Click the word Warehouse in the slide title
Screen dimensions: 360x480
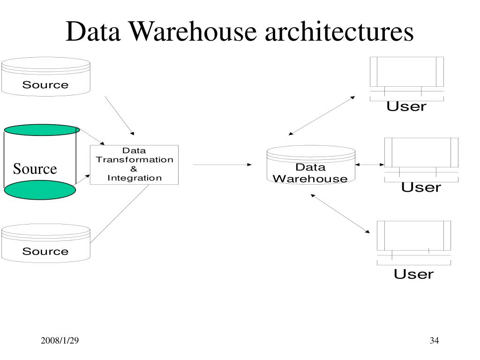[x=192, y=32]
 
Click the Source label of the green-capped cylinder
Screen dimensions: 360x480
[x=35, y=169]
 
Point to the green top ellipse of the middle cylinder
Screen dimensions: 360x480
[x=42, y=130]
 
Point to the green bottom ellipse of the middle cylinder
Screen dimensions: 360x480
[x=40, y=190]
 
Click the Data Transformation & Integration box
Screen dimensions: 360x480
[x=134, y=165]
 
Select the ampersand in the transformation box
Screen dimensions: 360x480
[x=134, y=169]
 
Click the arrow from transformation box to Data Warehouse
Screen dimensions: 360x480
[x=222, y=165]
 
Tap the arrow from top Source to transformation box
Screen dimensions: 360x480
[x=120, y=115]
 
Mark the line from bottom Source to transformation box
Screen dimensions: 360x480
[x=120, y=213]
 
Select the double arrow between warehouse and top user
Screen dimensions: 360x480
[x=322, y=116]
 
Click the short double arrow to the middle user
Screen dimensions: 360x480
[x=370, y=165]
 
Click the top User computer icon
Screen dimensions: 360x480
[x=406, y=77]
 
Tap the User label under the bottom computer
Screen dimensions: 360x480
[x=413, y=274]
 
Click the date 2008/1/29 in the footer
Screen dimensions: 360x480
[x=59, y=341]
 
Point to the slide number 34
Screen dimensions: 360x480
[x=434, y=341]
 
